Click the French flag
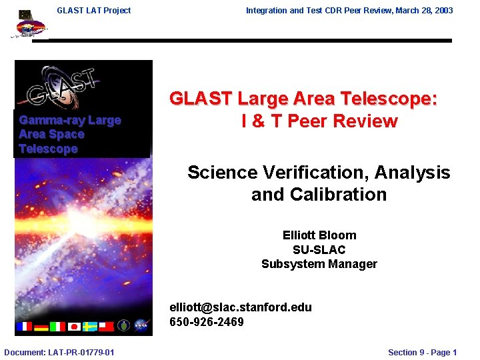tap(24, 326)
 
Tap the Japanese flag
tap(74, 326)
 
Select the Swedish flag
tap(90, 326)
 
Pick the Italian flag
tap(57, 326)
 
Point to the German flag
tap(41, 326)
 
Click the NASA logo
tap(141, 326)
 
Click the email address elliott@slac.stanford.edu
tap(241, 307)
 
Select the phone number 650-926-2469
tap(207, 322)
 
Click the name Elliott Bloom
tap(319, 235)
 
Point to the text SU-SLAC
tap(319, 250)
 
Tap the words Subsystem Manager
tap(319, 264)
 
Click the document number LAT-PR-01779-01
tap(59, 352)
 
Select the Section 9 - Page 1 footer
tap(422, 352)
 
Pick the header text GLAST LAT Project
tap(94, 10)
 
